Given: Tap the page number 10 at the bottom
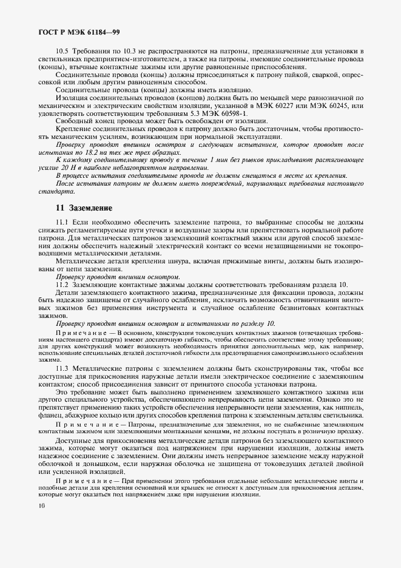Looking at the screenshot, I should (x=42, y=504).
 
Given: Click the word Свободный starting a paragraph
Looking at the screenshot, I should (x=74, y=121).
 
